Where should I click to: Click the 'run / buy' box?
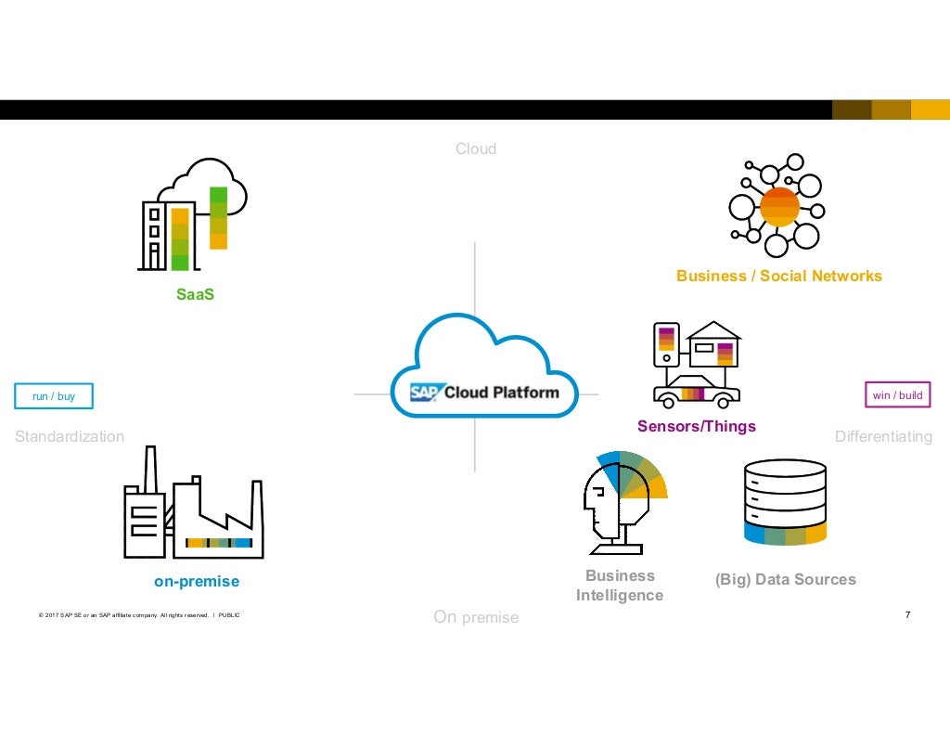(x=54, y=396)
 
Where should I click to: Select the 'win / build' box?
(x=897, y=395)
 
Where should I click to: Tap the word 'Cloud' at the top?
(x=475, y=148)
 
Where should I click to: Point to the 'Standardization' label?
(x=70, y=436)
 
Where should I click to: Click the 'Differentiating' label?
(x=883, y=436)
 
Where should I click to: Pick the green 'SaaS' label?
(x=195, y=295)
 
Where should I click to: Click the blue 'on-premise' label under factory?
(x=196, y=582)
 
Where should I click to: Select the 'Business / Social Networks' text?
(x=778, y=276)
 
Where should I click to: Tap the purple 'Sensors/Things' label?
(x=696, y=426)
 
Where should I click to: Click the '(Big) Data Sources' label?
(x=785, y=579)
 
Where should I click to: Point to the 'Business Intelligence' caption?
(x=619, y=586)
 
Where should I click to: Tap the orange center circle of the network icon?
(x=778, y=207)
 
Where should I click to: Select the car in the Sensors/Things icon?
(x=696, y=392)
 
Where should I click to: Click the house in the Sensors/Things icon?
(x=713, y=344)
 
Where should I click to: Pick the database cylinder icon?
(x=785, y=501)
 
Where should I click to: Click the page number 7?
(x=907, y=615)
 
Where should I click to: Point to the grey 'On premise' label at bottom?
(x=475, y=617)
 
